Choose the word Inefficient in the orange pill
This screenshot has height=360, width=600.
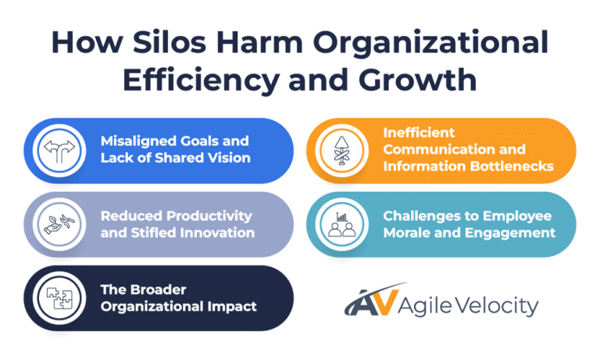pyautogui.click(x=419, y=133)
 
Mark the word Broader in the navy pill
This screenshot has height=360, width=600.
pyautogui.click(x=153, y=289)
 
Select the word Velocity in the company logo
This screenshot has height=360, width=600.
pyautogui.click(x=500, y=305)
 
